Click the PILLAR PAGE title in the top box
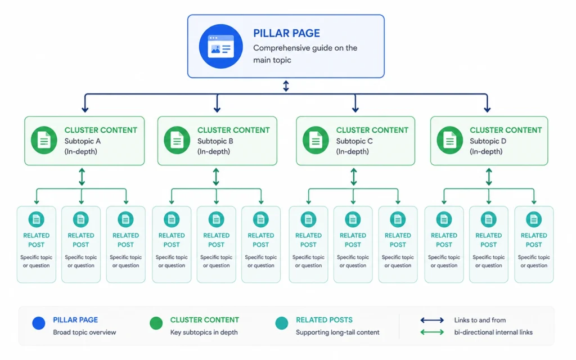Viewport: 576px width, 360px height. [286, 33]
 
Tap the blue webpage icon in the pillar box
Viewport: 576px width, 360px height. [220, 46]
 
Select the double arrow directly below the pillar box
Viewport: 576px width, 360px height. [286, 86]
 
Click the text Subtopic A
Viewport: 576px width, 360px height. [82, 141]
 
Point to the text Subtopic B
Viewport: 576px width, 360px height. [215, 141]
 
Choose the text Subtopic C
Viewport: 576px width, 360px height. [354, 141]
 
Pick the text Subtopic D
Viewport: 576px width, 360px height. [488, 141]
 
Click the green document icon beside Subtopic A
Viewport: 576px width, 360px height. [44, 140]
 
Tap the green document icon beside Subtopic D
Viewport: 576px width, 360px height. [449, 140]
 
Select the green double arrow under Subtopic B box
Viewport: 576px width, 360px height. [216, 177]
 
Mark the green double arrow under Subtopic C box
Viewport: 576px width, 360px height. [353, 177]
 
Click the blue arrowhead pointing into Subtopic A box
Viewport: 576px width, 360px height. [85, 109]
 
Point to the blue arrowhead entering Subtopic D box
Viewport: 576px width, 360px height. [487, 109]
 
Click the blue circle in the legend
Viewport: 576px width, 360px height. [39, 323]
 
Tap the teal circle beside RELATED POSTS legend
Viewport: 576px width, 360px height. [282, 323]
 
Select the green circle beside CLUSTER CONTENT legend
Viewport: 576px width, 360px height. [156, 323]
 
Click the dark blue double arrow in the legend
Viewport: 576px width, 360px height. [432, 320]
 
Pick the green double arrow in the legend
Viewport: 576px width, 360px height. [432, 332]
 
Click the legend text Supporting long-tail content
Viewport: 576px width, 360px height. [337, 332]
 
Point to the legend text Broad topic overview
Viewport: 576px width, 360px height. [84, 332]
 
